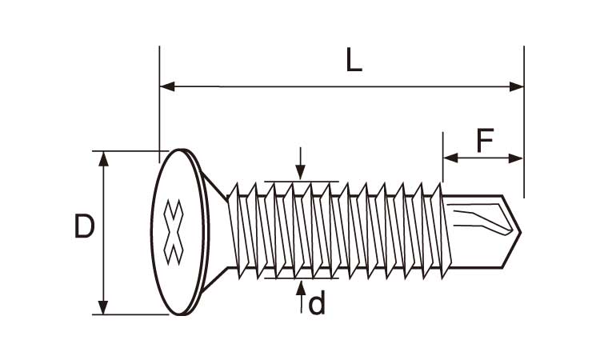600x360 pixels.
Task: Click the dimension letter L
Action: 354,61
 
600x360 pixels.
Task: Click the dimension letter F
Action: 485,142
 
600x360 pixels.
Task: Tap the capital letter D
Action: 84,227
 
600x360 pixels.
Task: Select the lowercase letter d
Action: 317,304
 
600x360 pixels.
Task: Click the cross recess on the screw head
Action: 173,232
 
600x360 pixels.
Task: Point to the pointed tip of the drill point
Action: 520,232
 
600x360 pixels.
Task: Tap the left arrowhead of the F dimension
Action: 449,158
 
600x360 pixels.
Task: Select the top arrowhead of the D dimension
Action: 103,158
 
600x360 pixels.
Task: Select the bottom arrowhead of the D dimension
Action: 103,307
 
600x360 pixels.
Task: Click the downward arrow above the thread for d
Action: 300,172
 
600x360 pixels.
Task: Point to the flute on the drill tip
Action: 480,221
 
